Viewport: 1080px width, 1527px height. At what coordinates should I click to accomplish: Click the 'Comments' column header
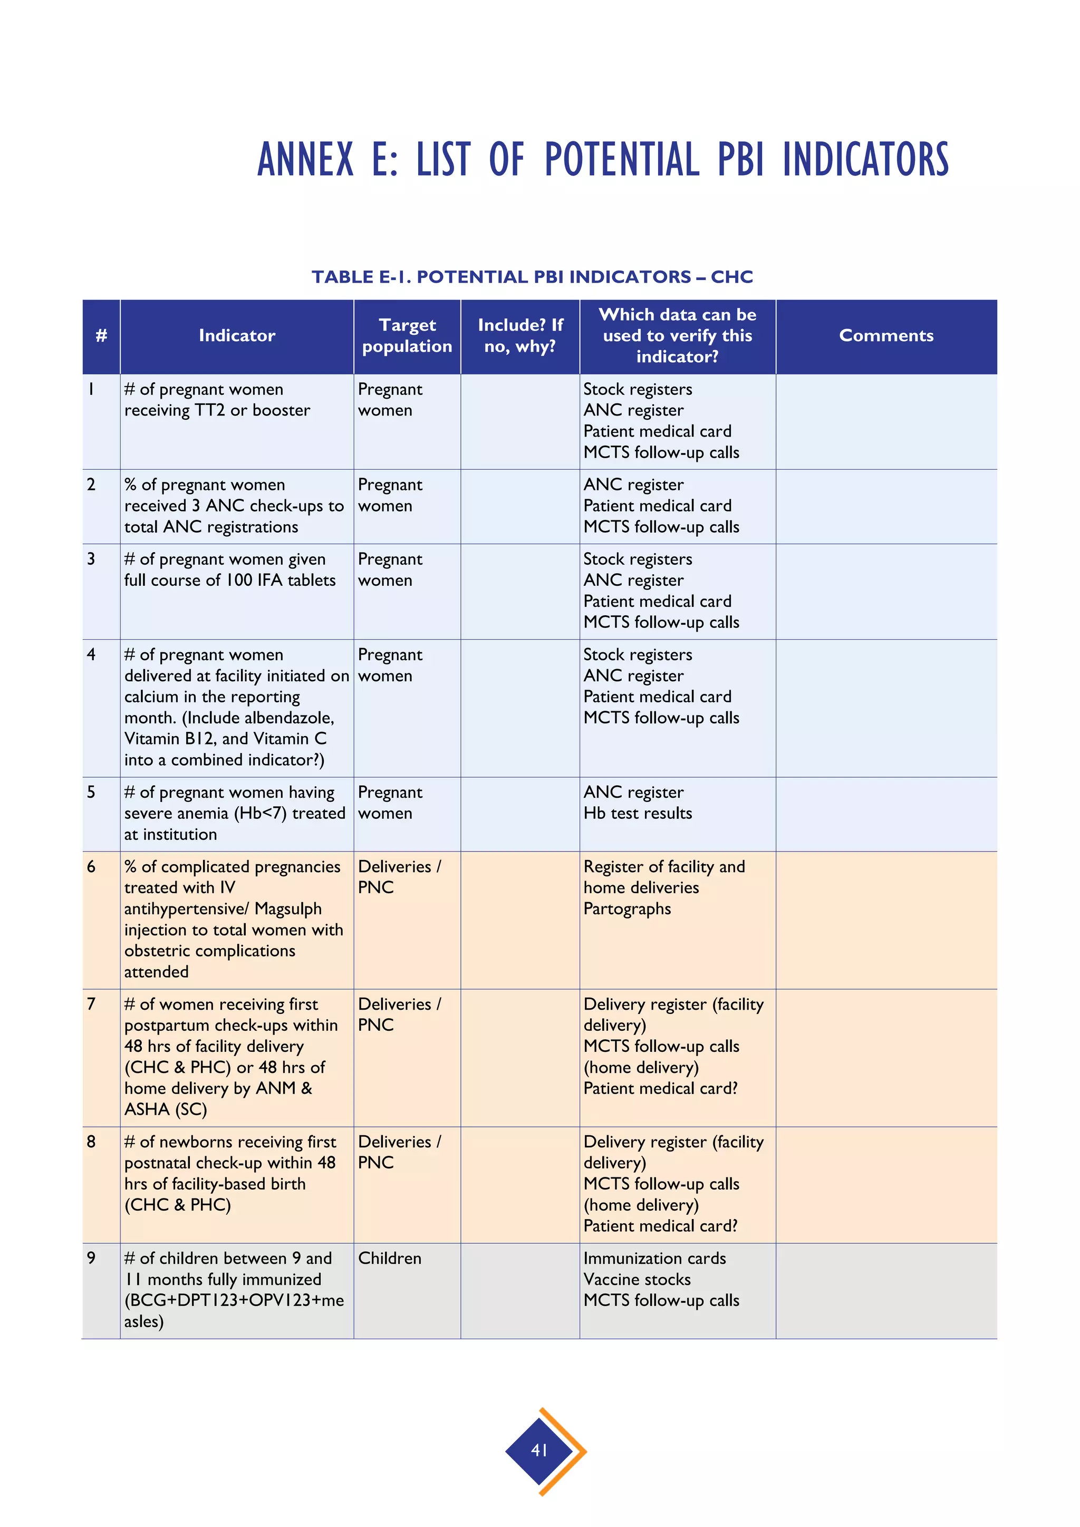click(x=886, y=335)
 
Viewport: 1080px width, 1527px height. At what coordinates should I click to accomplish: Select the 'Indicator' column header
click(x=237, y=335)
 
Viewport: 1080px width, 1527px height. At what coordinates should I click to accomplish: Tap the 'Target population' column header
click(x=407, y=335)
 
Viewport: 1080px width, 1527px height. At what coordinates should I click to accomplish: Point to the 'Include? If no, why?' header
click(x=520, y=335)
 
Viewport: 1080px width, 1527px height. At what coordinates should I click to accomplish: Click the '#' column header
click(x=101, y=335)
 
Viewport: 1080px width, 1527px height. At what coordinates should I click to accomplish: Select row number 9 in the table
click(x=91, y=1258)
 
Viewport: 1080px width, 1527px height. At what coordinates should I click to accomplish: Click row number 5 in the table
click(x=91, y=792)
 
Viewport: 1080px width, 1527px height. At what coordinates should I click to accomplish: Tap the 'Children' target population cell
click(x=390, y=1258)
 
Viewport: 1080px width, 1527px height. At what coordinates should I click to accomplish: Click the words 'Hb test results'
click(x=637, y=814)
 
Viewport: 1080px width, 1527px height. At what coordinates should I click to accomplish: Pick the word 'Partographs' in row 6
click(x=626, y=909)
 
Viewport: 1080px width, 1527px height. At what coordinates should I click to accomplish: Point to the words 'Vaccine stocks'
click(x=637, y=1280)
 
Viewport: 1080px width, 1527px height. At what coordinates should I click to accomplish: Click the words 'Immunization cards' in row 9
click(x=654, y=1258)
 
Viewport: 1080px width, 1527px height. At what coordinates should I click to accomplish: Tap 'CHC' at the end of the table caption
click(x=731, y=277)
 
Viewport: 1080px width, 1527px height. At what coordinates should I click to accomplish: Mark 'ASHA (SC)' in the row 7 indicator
click(x=166, y=1109)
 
